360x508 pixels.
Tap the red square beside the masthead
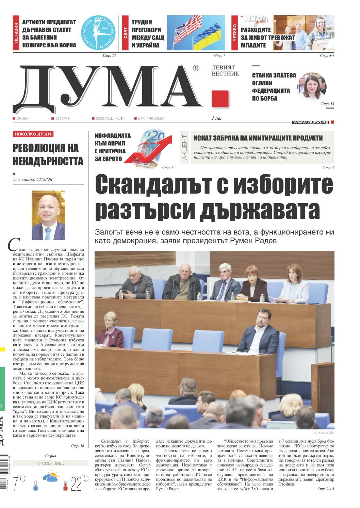click(x=219, y=99)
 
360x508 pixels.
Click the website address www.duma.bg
click(x=310, y=122)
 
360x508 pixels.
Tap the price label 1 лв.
click(x=216, y=118)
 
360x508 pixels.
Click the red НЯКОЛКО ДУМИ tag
click(x=33, y=134)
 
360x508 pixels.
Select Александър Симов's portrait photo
click(x=48, y=215)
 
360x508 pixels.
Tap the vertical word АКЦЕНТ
click(x=185, y=147)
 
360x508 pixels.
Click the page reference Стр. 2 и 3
click(x=326, y=489)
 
